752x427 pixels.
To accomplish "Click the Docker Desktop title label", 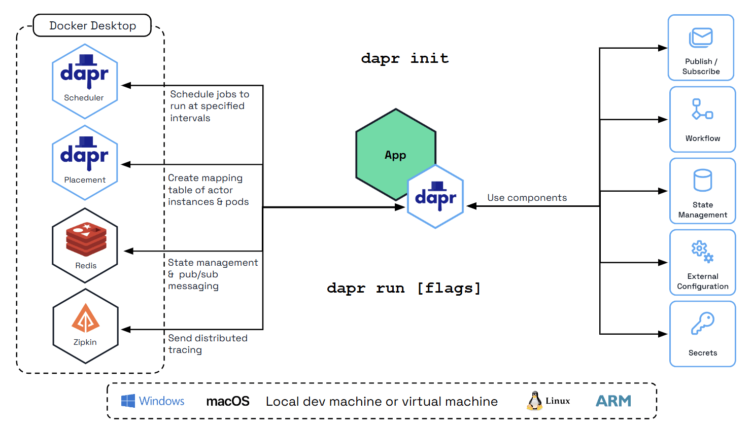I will pyautogui.click(x=92, y=25).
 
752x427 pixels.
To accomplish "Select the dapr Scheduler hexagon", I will pyautogui.click(x=85, y=81).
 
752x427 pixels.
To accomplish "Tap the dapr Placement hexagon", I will pyautogui.click(x=85, y=163).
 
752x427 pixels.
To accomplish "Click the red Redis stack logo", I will pyautogui.click(x=86, y=239).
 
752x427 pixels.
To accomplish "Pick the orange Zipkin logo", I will pyautogui.click(x=85, y=318).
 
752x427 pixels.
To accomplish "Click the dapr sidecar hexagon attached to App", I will pyautogui.click(x=435, y=197).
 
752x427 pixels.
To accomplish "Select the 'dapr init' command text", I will pyautogui.click(x=404, y=58).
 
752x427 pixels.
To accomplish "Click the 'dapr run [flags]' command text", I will pyautogui.click(x=403, y=288).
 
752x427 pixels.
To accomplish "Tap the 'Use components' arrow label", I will pyautogui.click(x=527, y=198).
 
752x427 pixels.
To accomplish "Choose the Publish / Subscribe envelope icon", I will pyautogui.click(x=701, y=38).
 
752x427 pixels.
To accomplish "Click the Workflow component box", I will pyautogui.click(x=702, y=120).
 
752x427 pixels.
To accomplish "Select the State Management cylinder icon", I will pyautogui.click(x=702, y=180).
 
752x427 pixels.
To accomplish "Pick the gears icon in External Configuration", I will pyautogui.click(x=702, y=251).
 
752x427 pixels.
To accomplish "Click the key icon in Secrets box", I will pyautogui.click(x=702, y=323).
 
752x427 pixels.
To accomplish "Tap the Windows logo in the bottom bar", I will pyautogui.click(x=128, y=401).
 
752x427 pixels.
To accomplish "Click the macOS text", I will pyautogui.click(x=228, y=402).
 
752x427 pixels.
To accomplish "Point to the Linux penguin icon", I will pyautogui.click(x=534, y=401).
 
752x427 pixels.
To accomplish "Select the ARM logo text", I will pyautogui.click(x=613, y=401).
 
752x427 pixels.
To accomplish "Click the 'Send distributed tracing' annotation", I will pyautogui.click(x=208, y=344).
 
